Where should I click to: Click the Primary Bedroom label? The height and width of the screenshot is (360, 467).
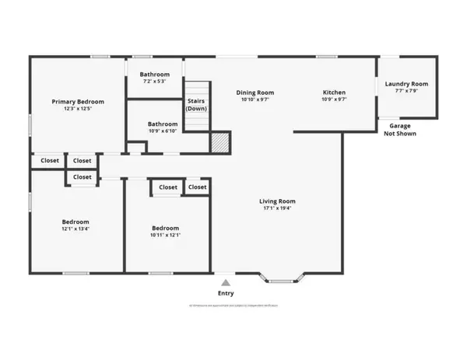point(78,102)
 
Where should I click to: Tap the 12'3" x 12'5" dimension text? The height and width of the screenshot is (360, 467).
point(78,110)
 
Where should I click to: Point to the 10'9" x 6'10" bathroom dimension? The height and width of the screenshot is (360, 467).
point(163,131)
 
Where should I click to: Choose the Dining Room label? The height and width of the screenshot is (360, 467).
point(255,93)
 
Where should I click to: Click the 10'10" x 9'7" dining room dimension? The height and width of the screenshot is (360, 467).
point(255,101)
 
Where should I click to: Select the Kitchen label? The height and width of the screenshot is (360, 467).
point(335,93)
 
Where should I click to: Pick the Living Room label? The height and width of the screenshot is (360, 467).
point(277,201)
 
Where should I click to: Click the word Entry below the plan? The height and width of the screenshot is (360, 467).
point(226,293)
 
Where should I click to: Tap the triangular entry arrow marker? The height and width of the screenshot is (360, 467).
point(226,283)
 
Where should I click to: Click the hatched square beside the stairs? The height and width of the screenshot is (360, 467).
point(222,142)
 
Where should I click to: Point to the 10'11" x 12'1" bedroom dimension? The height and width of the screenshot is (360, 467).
point(165,236)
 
